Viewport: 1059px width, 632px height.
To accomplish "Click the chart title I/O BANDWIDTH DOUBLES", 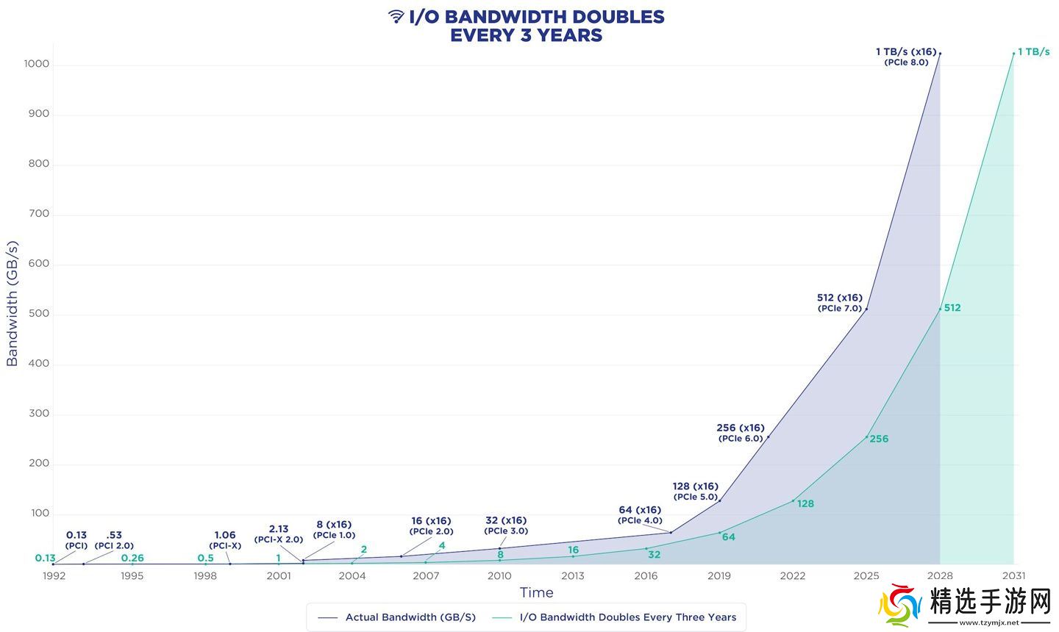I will tap(536, 17).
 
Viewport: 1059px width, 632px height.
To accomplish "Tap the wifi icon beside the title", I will tap(396, 17).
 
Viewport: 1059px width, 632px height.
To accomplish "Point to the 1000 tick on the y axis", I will tap(36, 64).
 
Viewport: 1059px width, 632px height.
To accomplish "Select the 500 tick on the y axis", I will tap(38, 314).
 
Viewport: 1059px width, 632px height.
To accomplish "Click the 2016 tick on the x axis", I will tap(646, 575).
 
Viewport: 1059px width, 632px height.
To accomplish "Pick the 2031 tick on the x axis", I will tap(1013, 575).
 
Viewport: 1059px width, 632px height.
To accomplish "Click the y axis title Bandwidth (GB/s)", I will tap(12, 303).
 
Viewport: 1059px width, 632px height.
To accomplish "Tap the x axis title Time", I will tap(536, 592).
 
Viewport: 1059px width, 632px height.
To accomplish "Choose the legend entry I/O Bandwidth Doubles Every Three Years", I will tap(627, 617).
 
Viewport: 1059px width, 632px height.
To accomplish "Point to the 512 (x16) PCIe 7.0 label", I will tap(840, 303).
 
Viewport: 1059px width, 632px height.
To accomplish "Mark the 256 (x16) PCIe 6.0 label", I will tap(741, 433).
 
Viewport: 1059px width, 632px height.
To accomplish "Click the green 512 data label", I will tap(952, 308).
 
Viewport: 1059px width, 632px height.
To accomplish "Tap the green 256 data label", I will tap(879, 439).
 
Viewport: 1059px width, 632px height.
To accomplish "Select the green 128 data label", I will tap(805, 503).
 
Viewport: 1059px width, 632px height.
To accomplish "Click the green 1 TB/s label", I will tap(1033, 52).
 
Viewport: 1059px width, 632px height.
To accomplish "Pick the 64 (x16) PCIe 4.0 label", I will tap(640, 514).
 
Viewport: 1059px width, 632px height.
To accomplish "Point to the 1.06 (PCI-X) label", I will tap(225, 540).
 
